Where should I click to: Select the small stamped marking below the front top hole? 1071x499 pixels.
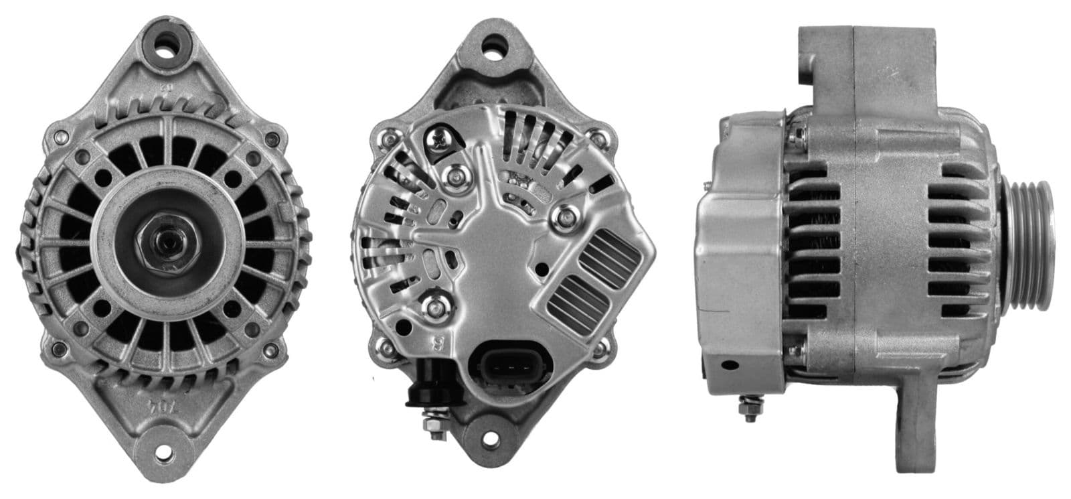pyautogui.click(x=163, y=87)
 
